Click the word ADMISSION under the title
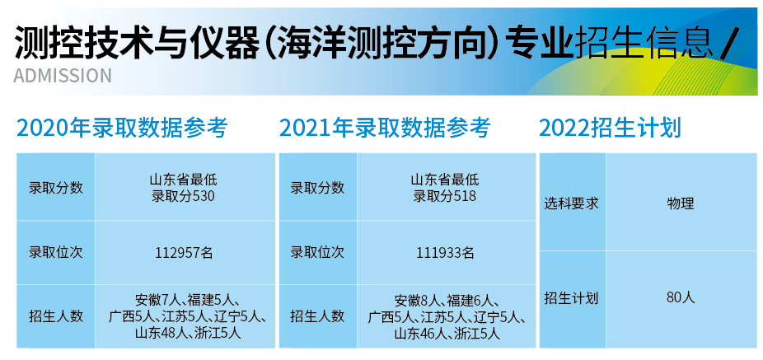pos(63,76)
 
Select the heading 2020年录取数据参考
pos(122,128)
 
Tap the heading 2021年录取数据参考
pos(385,128)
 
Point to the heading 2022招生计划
pos(611,128)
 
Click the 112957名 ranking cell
pos(185,253)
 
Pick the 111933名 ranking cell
pos(445,253)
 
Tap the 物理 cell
pos(681,203)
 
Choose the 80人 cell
pos(681,297)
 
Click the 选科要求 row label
pos(571,203)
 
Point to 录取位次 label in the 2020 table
pos(56,253)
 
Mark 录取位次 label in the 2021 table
pos(317,253)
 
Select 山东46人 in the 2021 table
pos(421,334)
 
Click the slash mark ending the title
pos(730,42)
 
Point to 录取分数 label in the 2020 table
pos(56,188)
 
